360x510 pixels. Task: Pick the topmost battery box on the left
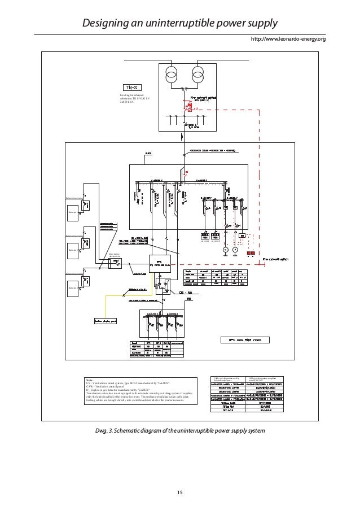73,212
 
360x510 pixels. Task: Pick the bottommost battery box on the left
73,288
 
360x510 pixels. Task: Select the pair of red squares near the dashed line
251,253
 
